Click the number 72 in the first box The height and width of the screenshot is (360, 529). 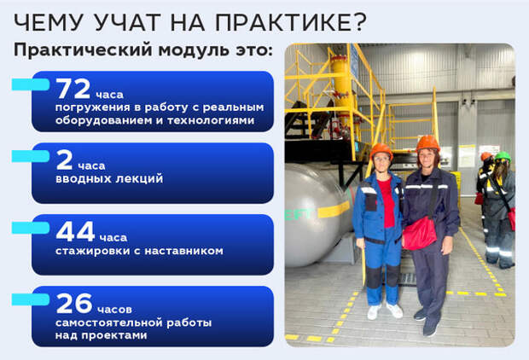coord(73,89)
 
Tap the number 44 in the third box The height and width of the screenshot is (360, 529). coord(75,231)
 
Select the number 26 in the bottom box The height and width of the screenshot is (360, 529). coord(74,304)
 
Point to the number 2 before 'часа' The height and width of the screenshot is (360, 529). coord(65,160)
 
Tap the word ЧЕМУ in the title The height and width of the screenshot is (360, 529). coord(48,22)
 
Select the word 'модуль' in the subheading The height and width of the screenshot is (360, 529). coord(193,50)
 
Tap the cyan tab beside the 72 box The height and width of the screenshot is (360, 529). coord(31,84)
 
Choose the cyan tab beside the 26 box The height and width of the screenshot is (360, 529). coord(31,299)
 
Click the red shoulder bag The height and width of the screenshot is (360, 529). coord(420,233)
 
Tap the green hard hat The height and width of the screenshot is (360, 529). coord(503,156)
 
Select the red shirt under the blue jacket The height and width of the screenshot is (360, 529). coord(387,202)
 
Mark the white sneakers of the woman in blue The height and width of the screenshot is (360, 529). coord(385,311)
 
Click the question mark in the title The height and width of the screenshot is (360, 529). coord(361,22)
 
